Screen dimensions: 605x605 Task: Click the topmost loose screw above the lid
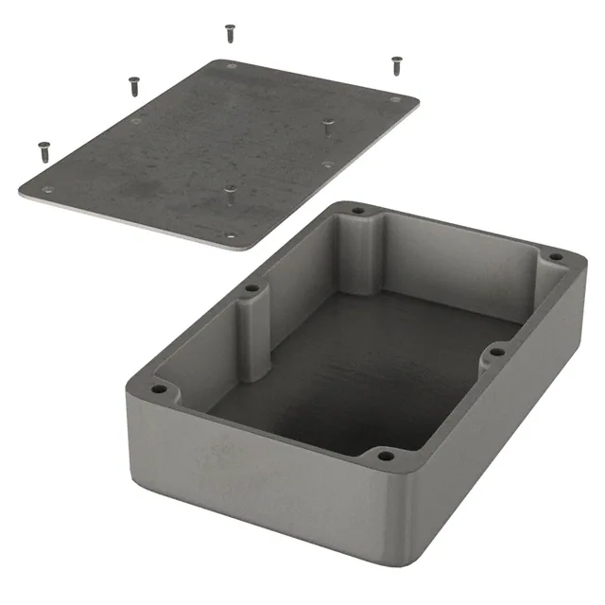point(230,32)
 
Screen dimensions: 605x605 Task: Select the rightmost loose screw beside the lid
point(396,64)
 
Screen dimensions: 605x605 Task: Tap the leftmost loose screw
point(43,148)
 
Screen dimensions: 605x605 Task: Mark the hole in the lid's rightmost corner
point(395,98)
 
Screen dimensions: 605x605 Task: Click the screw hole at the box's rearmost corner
point(357,210)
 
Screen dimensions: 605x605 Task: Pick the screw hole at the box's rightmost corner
point(556,256)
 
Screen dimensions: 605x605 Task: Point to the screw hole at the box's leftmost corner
point(158,389)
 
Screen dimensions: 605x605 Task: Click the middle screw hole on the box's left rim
point(251,288)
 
